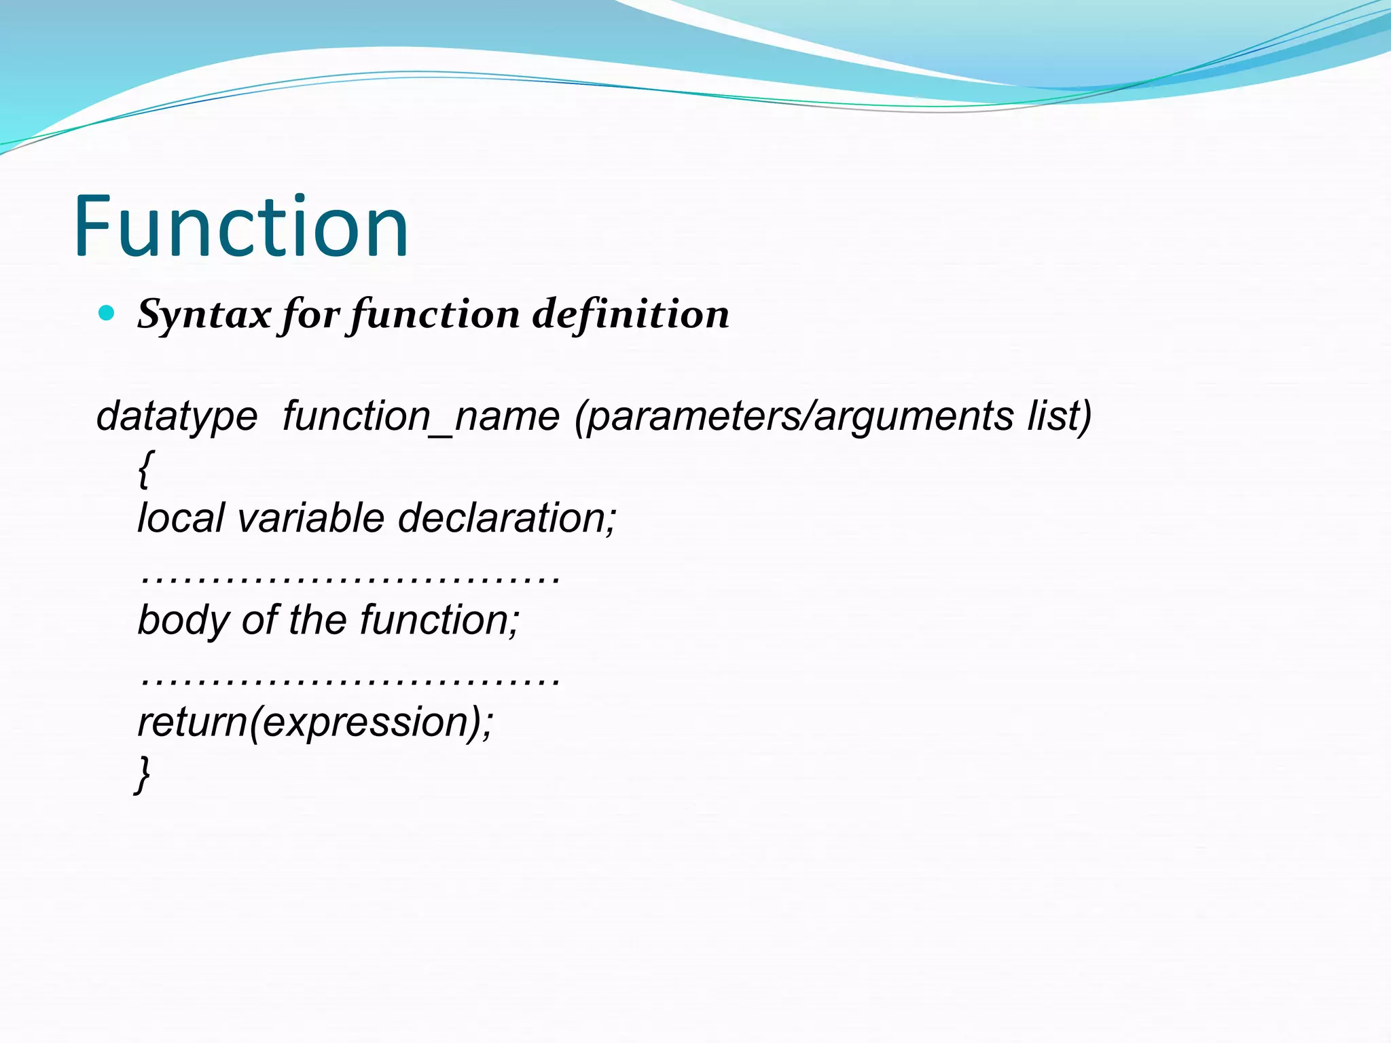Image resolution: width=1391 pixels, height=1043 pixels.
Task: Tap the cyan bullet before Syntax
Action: (x=107, y=313)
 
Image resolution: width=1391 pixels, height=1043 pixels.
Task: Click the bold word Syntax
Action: (x=204, y=315)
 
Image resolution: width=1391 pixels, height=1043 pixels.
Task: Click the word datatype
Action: (x=177, y=416)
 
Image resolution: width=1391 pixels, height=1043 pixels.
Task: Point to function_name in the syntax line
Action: (x=421, y=416)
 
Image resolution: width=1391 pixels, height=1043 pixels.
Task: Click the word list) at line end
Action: (x=1060, y=416)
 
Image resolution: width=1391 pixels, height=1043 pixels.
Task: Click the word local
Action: (x=181, y=518)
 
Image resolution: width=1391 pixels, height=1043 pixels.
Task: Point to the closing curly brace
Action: (x=143, y=774)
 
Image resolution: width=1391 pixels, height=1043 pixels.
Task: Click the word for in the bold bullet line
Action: (x=310, y=315)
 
